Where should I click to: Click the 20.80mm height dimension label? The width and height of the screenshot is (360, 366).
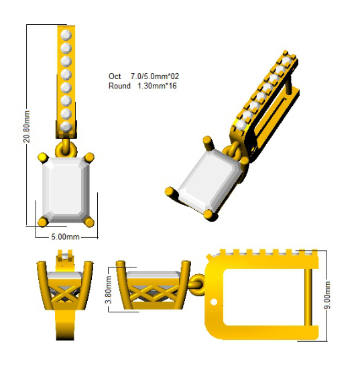tap(27, 127)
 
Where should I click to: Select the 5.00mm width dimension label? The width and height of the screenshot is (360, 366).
tap(66, 237)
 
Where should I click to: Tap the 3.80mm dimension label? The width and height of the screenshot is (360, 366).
tap(109, 290)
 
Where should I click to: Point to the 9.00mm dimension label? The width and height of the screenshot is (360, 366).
tap(327, 295)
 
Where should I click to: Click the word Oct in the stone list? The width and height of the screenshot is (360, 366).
tap(115, 76)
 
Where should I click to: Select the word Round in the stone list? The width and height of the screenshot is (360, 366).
tap(119, 86)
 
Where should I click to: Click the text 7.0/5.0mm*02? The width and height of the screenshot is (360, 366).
tap(155, 76)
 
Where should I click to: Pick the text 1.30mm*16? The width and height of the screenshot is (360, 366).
tap(157, 86)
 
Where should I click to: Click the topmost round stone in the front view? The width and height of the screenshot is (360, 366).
tap(66, 35)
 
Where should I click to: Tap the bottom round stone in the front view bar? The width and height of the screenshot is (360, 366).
tap(66, 127)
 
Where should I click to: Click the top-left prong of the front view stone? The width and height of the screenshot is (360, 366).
tap(43, 158)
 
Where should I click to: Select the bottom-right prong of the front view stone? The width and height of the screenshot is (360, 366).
tap(89, 222)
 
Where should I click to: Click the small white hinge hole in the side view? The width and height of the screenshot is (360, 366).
tap(214, 302)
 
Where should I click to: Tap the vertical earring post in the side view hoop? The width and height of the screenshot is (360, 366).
tap(308, 297)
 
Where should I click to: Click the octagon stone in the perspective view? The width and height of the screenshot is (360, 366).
tap(208, 182)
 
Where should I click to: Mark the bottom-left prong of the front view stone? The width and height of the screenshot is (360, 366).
tap(43, 222)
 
